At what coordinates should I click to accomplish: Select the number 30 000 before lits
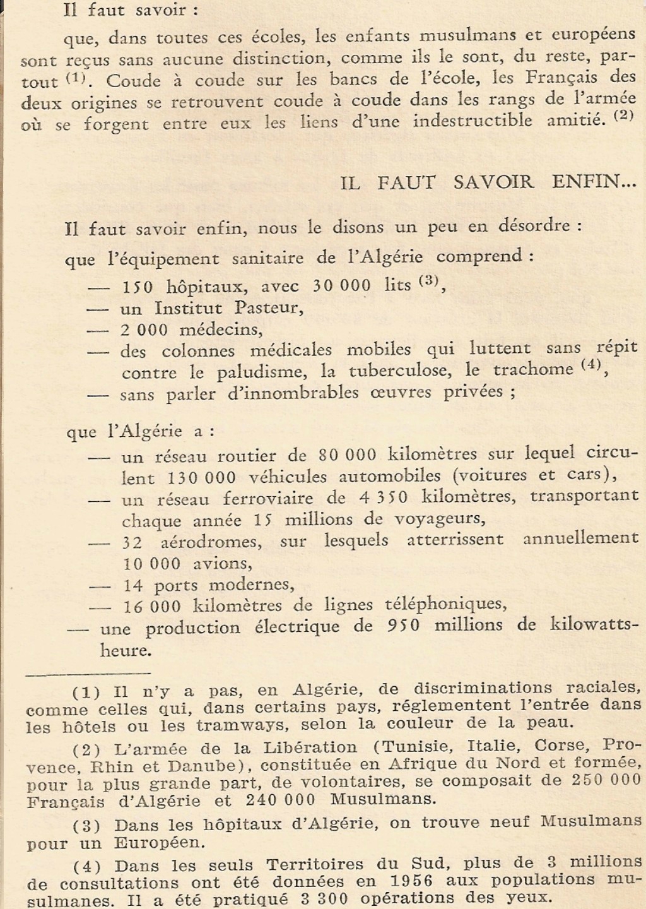click(x=341, y=285)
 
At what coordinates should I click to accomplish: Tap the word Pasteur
click(x=268, y=308)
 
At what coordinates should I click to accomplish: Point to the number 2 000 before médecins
click(x=144, y=330)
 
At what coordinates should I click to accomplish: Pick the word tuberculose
click(x=387, y=371)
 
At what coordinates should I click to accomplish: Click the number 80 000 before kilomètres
click(x=348, y=454)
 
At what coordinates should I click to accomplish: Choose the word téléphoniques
click(x=445, y=604)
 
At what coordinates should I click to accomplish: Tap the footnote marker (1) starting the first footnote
click(x=86, y=692)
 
